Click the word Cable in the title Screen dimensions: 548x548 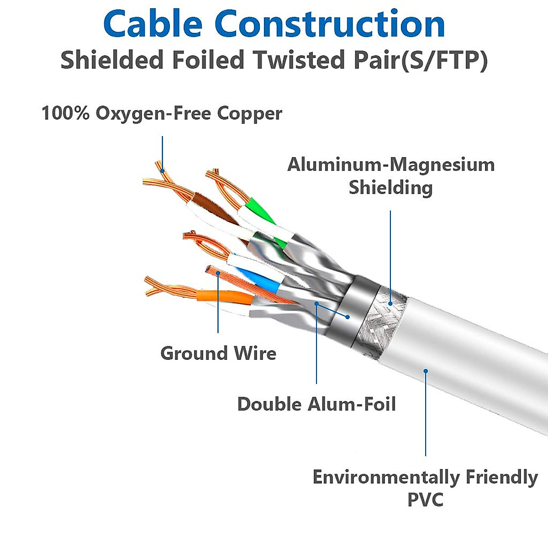pos(153,25)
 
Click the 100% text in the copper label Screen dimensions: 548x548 pos(65,113)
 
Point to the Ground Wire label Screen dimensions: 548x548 pos(218,353)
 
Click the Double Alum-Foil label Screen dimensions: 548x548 pos(316,404)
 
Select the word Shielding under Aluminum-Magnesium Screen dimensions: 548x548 pos(390,188)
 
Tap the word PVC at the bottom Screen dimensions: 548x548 pos(425,500)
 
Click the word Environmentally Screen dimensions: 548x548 pos(386,477)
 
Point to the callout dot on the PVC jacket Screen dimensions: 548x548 pos(426,371)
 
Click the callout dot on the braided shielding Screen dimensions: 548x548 pos(390,303)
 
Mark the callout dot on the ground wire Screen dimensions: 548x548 pos(218,274)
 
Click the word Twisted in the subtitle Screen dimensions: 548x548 pos(297,61)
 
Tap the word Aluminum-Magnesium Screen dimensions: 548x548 pos(391,165)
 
